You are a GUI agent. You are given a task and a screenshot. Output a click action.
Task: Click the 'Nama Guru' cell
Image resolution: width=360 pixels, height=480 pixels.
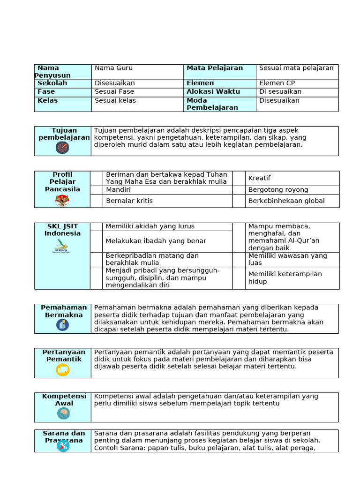point(113,68)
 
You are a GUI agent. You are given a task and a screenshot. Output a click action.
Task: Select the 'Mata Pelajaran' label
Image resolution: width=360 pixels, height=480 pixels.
point(215,68)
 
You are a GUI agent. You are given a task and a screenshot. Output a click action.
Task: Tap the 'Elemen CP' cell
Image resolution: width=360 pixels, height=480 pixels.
point(277,83)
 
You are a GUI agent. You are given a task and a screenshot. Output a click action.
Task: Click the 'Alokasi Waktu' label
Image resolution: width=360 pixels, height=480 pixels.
point(213,92)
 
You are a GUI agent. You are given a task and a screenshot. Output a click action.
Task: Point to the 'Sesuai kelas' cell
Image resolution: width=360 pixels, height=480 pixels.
point(115,101)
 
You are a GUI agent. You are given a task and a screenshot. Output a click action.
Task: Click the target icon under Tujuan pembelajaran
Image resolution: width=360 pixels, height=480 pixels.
point(62,148)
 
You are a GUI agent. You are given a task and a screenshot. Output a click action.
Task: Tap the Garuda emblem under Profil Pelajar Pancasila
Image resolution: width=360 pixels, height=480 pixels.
point(62,200)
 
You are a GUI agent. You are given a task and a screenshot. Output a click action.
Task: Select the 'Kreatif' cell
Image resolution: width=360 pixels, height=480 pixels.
point(259,178)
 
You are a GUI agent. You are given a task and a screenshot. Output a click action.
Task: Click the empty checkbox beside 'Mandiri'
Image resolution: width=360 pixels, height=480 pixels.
point(97,190)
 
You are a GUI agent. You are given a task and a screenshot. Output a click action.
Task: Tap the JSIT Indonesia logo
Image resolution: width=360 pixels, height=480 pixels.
point(62,247)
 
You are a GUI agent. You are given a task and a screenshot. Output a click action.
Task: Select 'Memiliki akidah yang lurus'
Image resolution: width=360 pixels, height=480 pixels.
point(150,226)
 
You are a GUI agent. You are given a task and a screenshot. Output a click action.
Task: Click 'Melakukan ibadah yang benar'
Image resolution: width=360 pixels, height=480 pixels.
point(156,241)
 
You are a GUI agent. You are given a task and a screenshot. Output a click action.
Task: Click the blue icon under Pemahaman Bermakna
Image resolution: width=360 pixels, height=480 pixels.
point(62,325)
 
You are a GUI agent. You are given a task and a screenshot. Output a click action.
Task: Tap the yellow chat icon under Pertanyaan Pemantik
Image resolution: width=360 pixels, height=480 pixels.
point(62,369)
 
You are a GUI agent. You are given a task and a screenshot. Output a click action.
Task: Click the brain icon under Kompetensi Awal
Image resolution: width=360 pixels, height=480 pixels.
point(63,413)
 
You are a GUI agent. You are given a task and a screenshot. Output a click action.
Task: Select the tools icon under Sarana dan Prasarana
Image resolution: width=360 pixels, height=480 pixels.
point(63,446)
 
